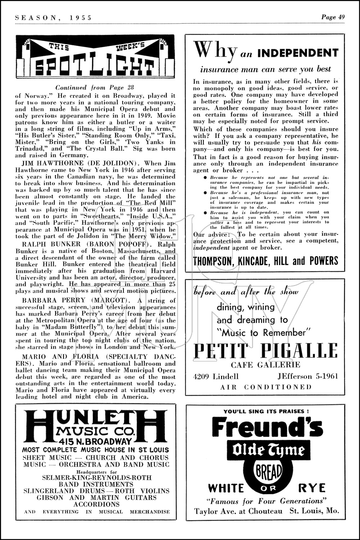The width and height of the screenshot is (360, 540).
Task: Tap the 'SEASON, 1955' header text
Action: click(x=54, y=17)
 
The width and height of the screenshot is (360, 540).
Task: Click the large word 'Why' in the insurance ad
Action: click(x=215, y=51)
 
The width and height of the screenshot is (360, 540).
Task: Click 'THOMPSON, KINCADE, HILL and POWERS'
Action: click(x=266, y=261)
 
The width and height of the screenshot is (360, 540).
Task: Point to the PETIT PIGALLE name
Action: click(x=266, y=351)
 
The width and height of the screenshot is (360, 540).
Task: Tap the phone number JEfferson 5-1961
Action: click(x=308, y=377)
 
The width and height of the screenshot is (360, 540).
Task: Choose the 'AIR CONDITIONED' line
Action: click(x=266, y=387)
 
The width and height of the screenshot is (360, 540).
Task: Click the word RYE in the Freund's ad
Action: click(x=312, y=488)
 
